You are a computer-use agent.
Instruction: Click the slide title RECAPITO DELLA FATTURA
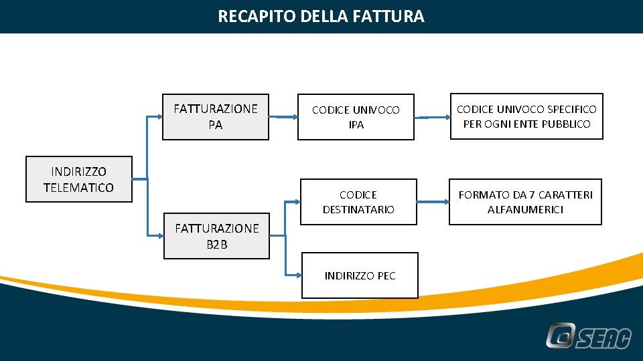[321, 16]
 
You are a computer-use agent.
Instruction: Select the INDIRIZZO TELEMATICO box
[78, 179]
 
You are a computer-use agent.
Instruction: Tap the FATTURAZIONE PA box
[216, 116]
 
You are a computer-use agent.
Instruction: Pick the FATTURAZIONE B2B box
[216, 237]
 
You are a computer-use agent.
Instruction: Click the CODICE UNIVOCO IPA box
[356, 117]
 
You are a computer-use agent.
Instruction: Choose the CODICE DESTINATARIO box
[358, 202]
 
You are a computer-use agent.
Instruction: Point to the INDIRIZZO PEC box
[360, 275]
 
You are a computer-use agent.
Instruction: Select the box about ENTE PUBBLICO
[526, 116]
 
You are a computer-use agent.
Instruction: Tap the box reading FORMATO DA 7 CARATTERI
[525, 202]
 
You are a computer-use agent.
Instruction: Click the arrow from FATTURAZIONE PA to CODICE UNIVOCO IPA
[283, 117]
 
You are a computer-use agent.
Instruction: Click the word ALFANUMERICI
[525, 210]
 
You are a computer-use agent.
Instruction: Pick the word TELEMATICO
[78, 188]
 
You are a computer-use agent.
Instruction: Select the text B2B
[216, 245]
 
